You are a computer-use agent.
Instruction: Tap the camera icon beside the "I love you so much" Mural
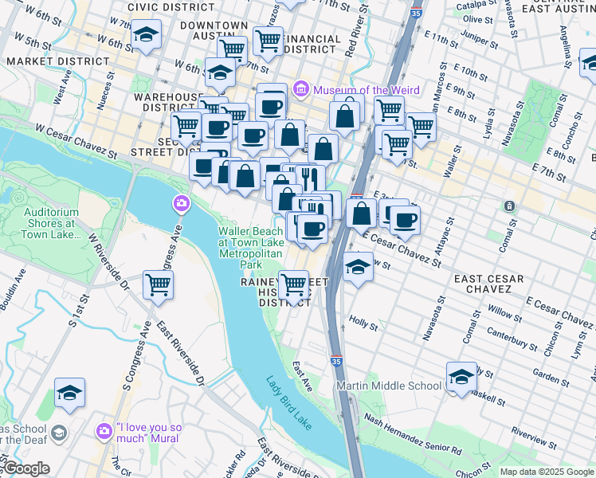click(x=104, y=432)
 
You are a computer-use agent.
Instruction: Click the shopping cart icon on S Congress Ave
click(x=159, y=284)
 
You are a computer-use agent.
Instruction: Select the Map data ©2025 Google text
click(x=546, y=472)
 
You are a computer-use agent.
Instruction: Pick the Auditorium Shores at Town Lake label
click(x=51, y=224)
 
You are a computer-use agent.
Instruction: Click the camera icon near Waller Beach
click(x=181, y=205)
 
